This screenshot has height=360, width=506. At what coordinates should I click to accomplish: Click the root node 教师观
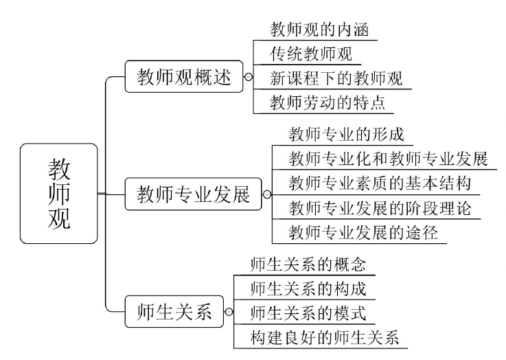(x=58, y=194)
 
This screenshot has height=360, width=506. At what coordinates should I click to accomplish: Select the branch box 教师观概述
(x=184, y=78)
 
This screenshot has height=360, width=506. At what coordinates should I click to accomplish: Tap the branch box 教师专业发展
(x=193, y=194)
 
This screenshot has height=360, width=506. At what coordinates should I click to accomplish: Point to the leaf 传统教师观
(x=312, y=54)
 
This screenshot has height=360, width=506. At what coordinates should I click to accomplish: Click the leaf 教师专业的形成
(x=346, y=133)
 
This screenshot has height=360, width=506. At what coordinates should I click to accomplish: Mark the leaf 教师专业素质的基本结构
(x=380, y=183)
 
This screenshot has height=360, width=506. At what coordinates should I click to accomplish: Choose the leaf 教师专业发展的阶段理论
(x=380, y=207)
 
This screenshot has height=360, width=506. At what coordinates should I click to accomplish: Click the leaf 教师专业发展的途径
(x=363, y=232)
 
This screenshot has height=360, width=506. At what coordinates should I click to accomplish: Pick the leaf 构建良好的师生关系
(x=324, y=337)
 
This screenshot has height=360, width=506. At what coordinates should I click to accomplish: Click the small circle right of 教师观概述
(x=249, y=78)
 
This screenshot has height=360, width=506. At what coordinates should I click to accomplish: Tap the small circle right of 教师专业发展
(x=267, y=195)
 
